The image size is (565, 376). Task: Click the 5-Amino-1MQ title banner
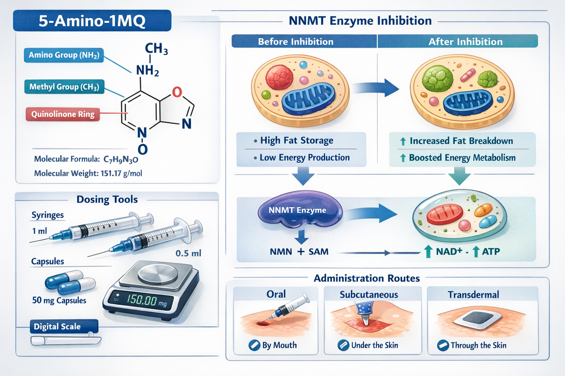92,21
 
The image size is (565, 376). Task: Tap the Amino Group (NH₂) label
64,55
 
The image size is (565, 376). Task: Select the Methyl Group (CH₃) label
64,87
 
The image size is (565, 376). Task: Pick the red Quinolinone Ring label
63,114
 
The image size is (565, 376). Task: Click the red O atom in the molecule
177,92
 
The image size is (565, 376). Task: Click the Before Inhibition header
295,41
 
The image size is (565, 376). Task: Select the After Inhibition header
465,41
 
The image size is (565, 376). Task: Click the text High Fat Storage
296,140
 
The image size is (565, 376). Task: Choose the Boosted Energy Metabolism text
462,158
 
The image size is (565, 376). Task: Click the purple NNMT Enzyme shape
299,211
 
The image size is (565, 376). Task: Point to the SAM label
318,252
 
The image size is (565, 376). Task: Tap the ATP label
491,252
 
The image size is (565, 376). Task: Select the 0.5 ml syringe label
188,253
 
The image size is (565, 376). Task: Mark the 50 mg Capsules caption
59,300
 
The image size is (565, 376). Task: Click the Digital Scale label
57,326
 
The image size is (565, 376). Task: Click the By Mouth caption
279,345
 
